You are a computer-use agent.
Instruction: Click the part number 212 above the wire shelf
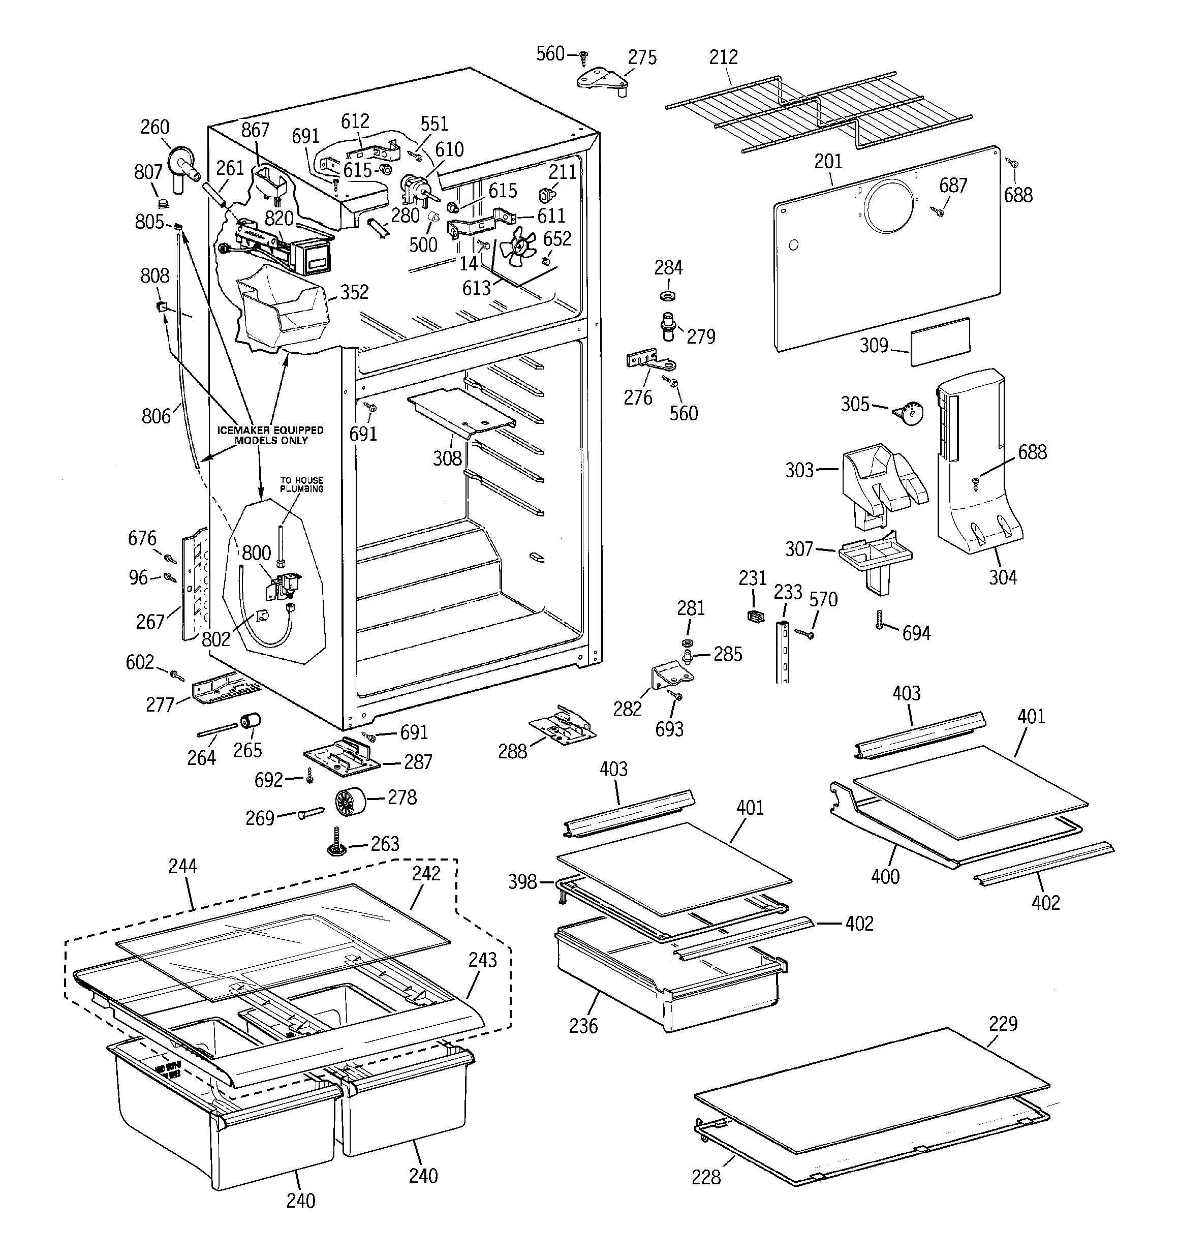(723, 57)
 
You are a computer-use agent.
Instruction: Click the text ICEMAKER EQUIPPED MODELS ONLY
(270, 435)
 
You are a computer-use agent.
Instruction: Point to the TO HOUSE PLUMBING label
(302, 484)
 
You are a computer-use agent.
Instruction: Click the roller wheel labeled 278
(348, 803)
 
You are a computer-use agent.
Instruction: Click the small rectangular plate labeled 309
(940, 342)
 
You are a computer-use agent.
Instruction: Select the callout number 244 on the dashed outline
(182, 866)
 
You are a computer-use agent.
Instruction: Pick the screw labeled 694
(880, 623)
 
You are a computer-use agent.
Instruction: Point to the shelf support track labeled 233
(783, 652)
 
